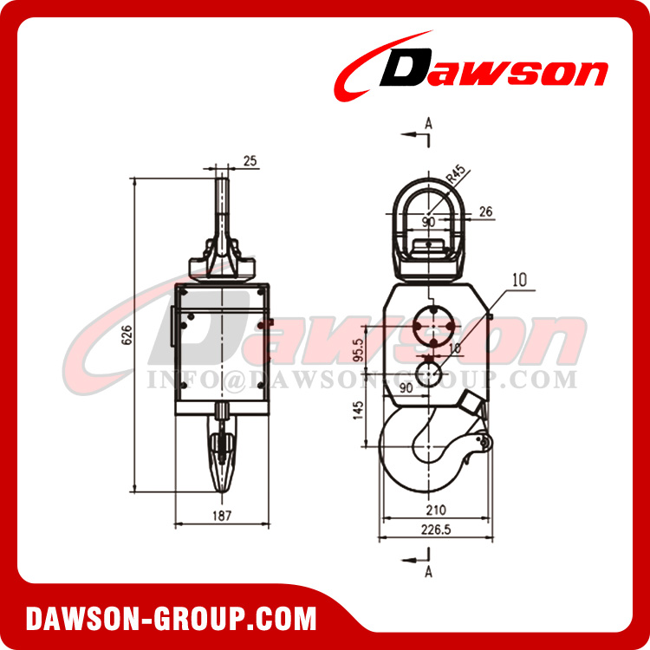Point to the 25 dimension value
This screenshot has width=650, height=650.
(250, 161)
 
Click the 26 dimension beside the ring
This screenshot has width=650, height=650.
(485, 210)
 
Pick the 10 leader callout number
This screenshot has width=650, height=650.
(520, 279)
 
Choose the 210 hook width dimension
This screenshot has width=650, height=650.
(437, 512)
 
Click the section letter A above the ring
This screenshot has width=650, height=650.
(428, 125)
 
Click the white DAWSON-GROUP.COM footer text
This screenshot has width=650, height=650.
(171, 619)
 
